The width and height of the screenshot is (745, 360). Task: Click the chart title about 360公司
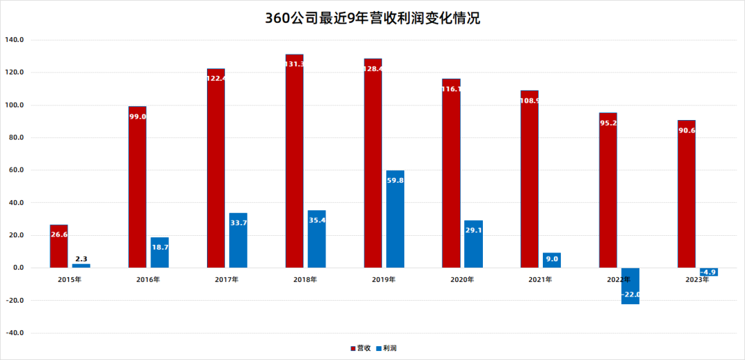pyautogui.click(x=372, y=19)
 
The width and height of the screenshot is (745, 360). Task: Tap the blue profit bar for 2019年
pyautogui.click(x=395, y=219)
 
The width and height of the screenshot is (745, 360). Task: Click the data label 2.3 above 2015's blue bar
pyautogui.click(x=81, y=258)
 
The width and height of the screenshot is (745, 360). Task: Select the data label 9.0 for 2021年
pyautogui.click(x=551, y=260)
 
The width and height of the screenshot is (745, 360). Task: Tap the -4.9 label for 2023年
pyautogui.click(x=708, y=272)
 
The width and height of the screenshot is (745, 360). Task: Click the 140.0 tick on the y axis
pyautogui.click(x=14, y=40)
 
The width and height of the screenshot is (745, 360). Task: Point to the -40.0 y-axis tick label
pyautogui.click(x=14, y=333)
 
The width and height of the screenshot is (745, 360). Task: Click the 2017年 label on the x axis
pyautogui.click(x=227, y=279)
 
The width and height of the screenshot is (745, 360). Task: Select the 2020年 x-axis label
pyautogui.click(x=462, y=279)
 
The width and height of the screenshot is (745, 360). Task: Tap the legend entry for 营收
pyautogui.click(x=362, y=348)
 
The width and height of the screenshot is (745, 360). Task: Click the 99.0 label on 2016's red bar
pyautogui.click(x=137, y=117)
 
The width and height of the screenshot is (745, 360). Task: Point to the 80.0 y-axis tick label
pyautogui.click(x=14, y=138)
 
